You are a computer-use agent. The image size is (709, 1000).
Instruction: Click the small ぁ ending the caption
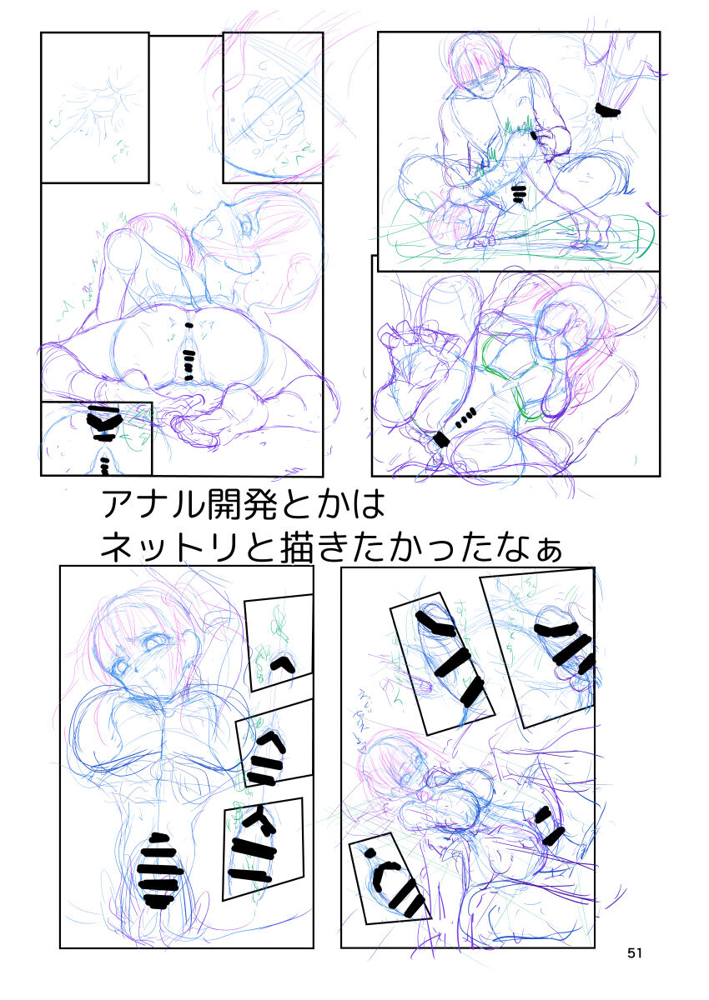click(546, 550)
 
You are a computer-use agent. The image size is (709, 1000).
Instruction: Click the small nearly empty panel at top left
click(94, 107)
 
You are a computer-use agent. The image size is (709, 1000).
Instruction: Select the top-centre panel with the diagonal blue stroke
click(273, 107)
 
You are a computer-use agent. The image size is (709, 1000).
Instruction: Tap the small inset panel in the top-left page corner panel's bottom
click(96, 438)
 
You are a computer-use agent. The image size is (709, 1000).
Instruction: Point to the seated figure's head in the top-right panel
click(480, 62)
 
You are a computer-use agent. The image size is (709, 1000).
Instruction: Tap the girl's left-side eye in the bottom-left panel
click(123, 667)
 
